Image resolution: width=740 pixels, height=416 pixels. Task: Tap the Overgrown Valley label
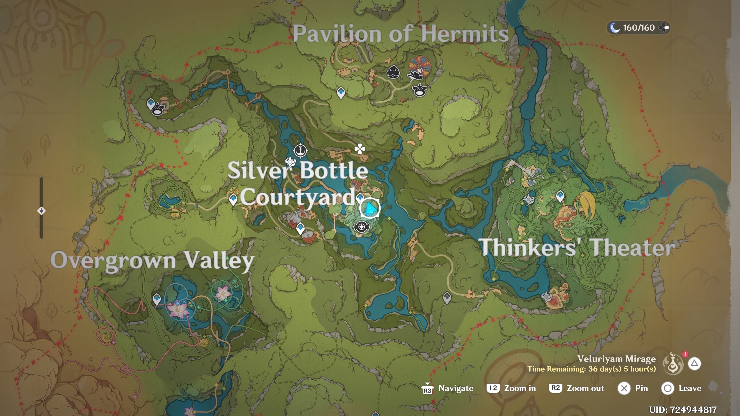(x=152, y=260)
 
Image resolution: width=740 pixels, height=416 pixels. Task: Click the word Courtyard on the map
(x=298, y=197)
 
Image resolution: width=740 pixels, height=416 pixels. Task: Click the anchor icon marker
(x=300, y=150)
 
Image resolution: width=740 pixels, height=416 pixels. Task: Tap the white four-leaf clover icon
(x=359, y=149)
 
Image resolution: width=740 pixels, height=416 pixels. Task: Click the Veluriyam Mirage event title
(x=616, y=359)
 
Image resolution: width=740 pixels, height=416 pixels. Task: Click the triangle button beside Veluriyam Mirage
(x=694, y=363)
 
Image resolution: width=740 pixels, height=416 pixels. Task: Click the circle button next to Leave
(x=667, y=388)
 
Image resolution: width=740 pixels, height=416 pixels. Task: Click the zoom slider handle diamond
(x=41, y=211)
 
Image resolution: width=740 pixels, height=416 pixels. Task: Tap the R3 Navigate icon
(x=427, y=389)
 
